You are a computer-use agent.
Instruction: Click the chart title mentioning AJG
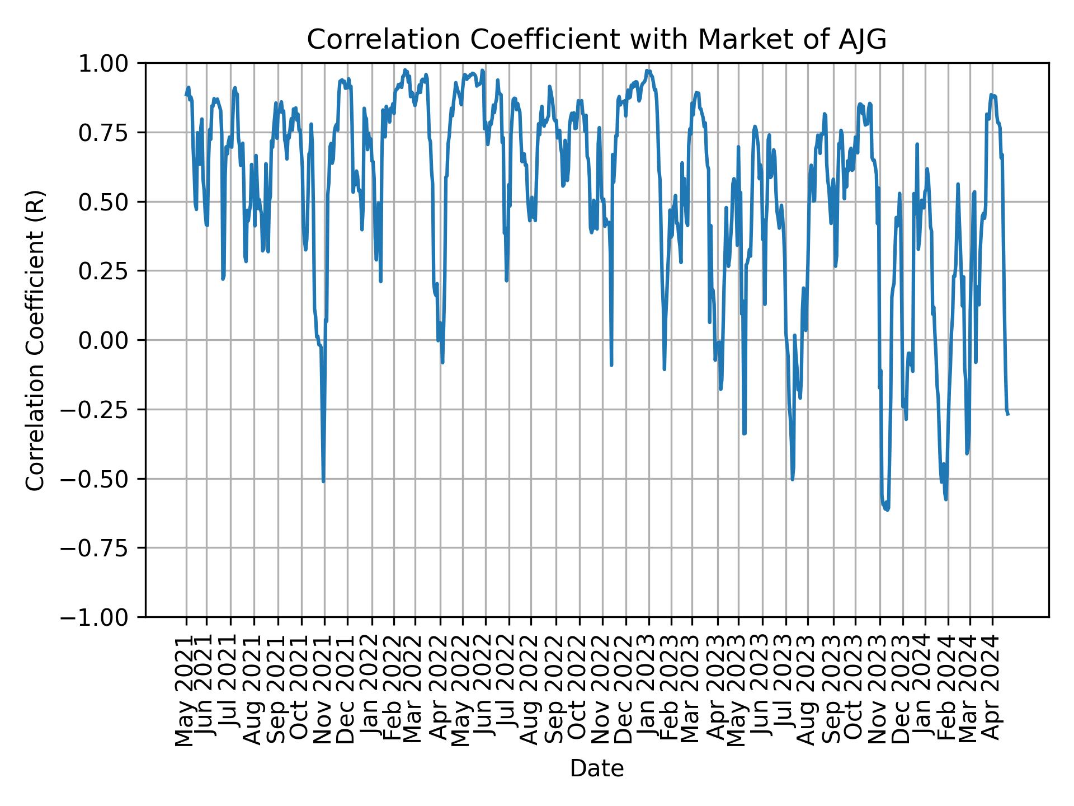[x=596, y=40]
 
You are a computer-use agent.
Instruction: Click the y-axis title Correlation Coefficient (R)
[x=35, y=340]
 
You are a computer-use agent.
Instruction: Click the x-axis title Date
[x=596, y=769]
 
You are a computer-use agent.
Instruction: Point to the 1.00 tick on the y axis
[x=111, y=63]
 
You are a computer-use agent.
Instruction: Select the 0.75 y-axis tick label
[x=111, y=133]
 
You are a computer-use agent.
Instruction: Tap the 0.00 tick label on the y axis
[x=111, y=340]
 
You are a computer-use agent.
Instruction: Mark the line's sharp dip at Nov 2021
[x=323, y=481]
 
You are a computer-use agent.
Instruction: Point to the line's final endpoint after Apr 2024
[x=1008, y=414]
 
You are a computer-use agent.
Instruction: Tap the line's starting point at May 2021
[x=186, y=95]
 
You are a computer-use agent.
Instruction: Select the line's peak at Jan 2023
[x=648, y=71]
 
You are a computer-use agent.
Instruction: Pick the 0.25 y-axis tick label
[x=111, y=271]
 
